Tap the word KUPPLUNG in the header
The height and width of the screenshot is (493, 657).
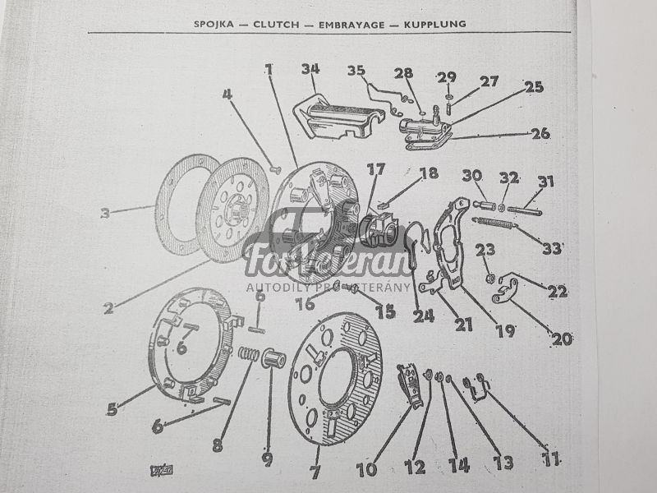434,24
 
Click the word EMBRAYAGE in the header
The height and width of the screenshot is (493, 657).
343,24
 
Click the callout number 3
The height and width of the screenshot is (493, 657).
105,214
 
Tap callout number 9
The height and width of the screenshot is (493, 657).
267,458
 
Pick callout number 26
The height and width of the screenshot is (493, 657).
540,132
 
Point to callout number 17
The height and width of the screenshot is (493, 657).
375,171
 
